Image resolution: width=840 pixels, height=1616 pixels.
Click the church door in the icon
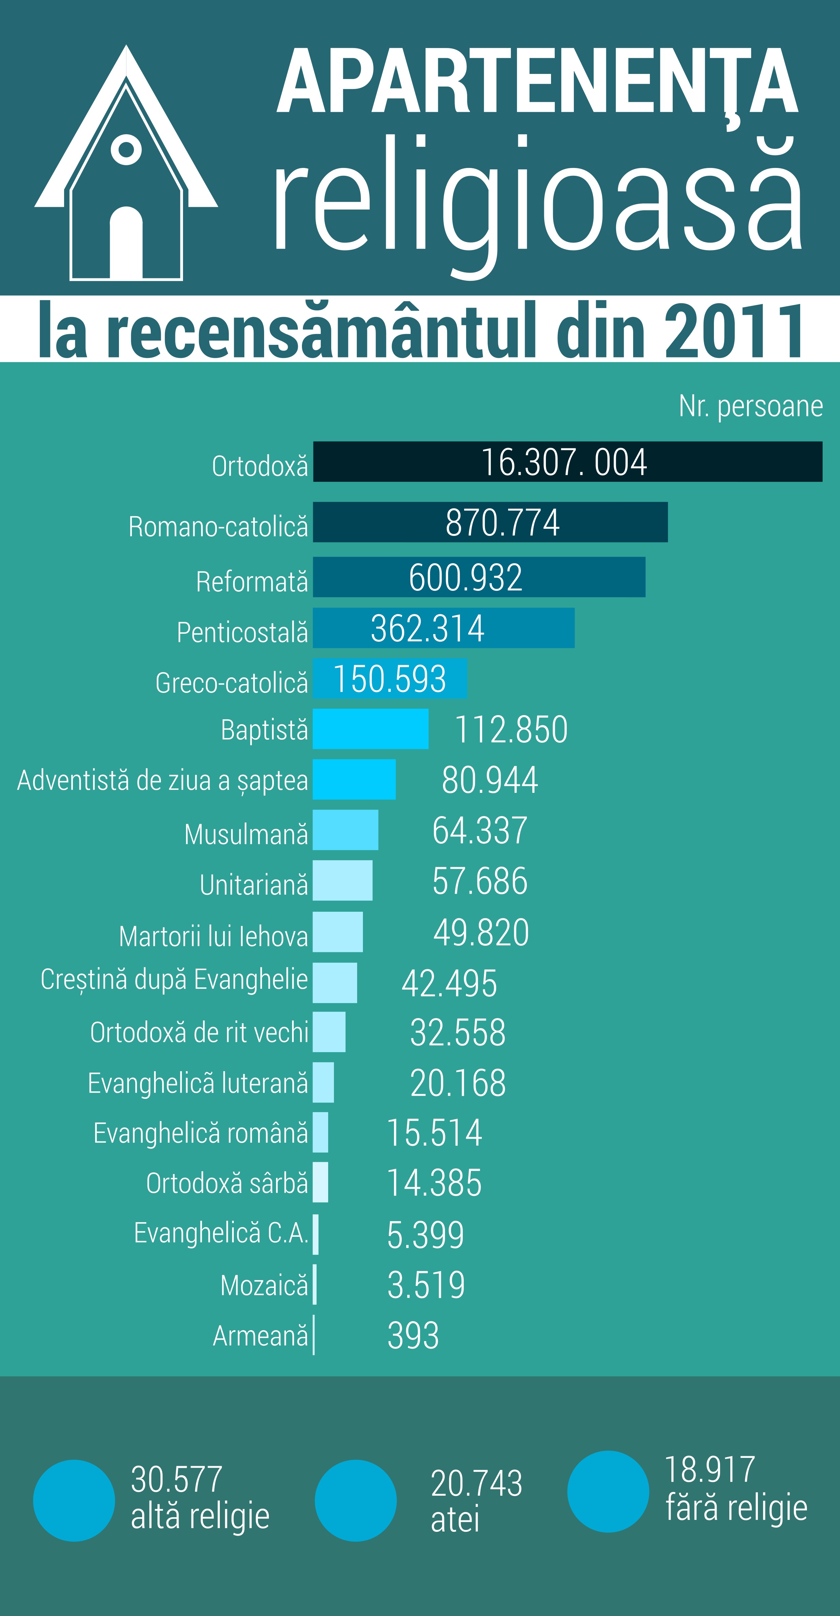click(126, 243)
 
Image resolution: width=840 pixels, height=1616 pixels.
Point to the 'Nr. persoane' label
click(750, 406)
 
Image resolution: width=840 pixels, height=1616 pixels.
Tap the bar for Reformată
click(479, 577)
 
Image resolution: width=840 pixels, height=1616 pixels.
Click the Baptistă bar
click(370, 729)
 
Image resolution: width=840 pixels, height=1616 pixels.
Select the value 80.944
click(489, 780)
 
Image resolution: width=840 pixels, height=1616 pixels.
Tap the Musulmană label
click(246, 834)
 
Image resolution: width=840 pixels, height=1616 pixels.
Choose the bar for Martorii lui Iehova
click(337, 932)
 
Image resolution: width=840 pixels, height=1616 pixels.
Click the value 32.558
click(457, 1033)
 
